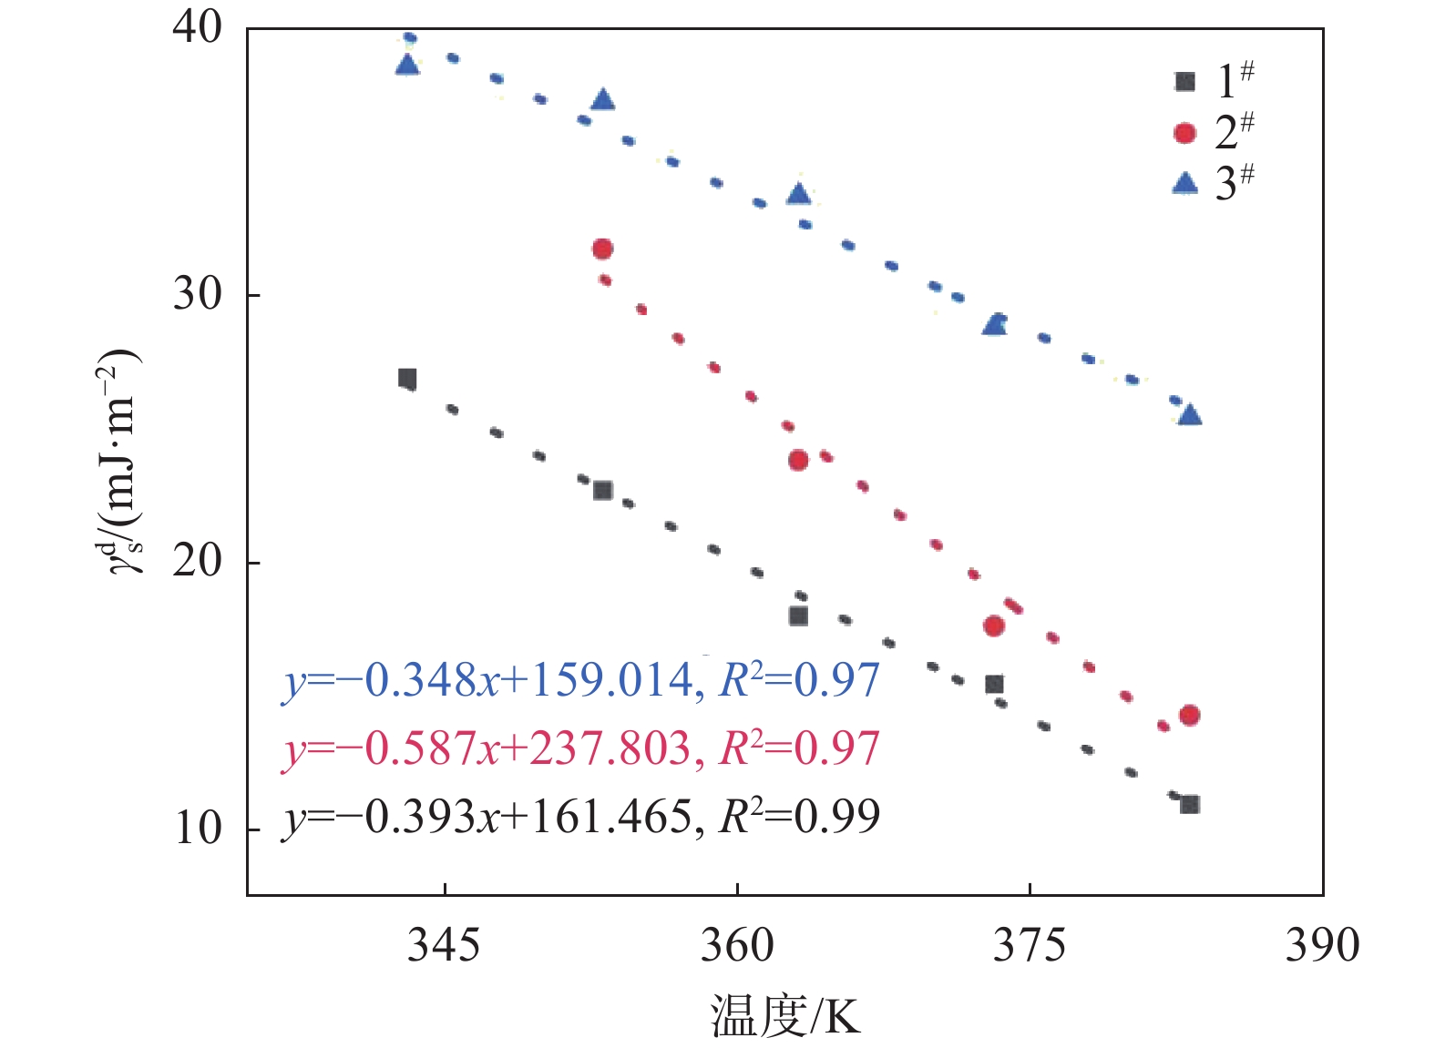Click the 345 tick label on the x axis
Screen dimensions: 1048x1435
(x=444, y=946)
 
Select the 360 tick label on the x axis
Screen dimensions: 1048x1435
(x=736, y=946)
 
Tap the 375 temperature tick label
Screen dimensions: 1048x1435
(x=1030, y=946)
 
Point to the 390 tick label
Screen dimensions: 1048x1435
(x=1322, y=946)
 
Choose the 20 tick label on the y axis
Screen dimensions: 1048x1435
(x=197, y=562)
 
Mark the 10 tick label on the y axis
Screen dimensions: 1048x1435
(x=197, y=829)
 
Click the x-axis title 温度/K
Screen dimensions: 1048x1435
(x=785, y=1016)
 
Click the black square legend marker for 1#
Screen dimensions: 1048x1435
(x=1184, y=82)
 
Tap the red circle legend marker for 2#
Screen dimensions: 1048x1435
(x=1184, y=133)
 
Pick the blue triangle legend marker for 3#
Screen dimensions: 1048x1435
(x=1184, y=184)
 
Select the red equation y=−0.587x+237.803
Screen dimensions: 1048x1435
(x=581, y=748)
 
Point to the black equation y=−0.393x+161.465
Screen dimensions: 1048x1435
(x=581, y=817)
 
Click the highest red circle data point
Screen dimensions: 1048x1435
(x=602, y=249)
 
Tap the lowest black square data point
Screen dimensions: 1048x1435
(x=1189, y=804)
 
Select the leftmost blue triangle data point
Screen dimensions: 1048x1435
(x=407, y=65)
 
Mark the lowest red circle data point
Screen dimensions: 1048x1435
(x=1189, y=715)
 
